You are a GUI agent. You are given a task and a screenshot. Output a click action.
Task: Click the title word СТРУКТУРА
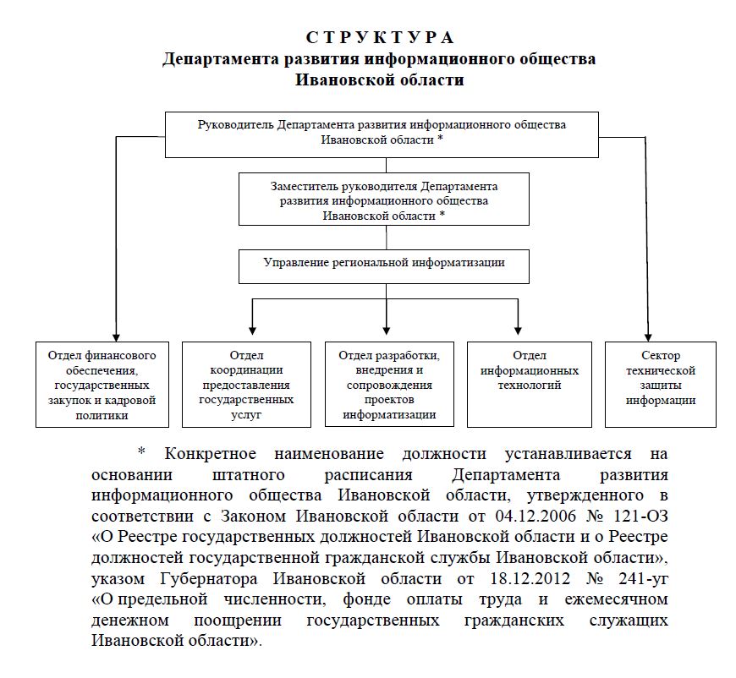(380, 38)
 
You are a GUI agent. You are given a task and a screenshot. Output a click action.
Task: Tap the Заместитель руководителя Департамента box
(384, 200)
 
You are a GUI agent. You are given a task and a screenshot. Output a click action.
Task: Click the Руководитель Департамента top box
(382, 134)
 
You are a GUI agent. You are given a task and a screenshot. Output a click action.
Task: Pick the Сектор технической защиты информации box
(660, 378)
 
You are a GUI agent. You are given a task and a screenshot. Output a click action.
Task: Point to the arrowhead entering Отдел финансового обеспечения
(113, 335)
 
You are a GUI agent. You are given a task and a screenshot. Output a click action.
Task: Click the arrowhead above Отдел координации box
(250, 329)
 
